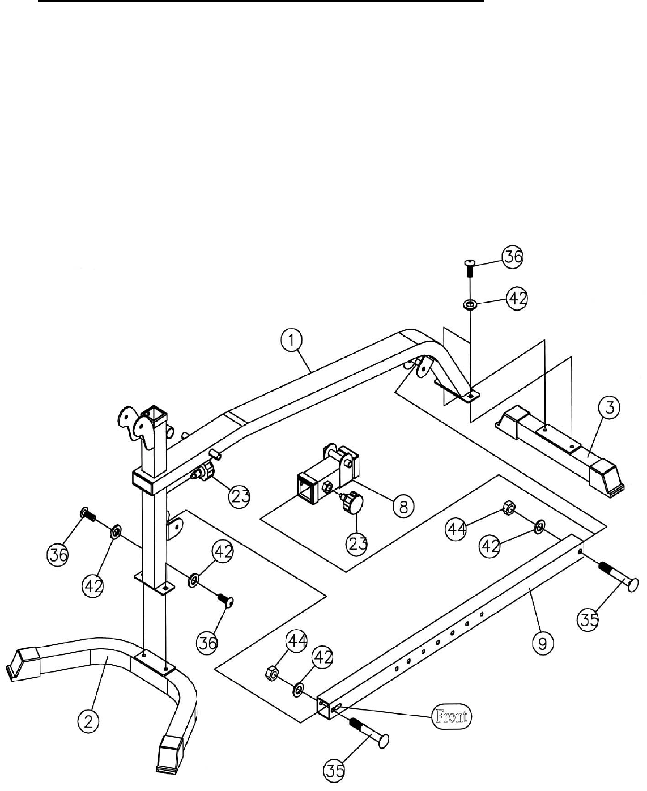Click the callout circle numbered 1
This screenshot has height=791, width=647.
click(291, 341)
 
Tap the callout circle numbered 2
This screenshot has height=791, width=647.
click(88, 721)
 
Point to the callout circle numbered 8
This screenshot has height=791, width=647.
click(403, 506)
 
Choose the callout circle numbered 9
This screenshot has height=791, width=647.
click(543, 644)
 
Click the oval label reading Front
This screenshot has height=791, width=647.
click(452, 717)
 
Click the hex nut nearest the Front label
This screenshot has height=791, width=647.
click(271, 673)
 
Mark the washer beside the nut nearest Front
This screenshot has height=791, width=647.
click(296, 691)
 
